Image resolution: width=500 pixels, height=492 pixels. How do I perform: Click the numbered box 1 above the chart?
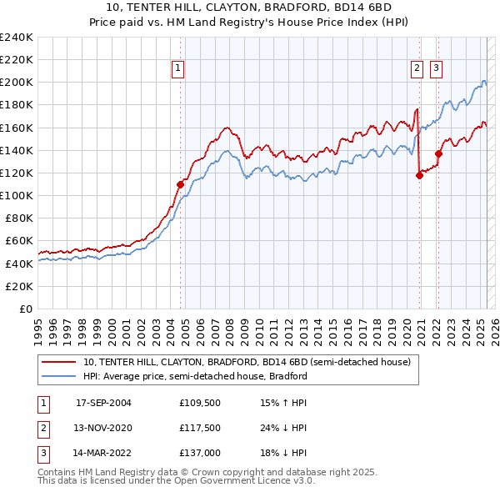[179, 69]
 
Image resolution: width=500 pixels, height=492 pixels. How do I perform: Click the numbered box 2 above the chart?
[416, 69]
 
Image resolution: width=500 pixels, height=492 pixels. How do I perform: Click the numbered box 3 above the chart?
[436, 69]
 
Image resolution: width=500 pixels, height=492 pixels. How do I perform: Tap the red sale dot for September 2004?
[180, 184]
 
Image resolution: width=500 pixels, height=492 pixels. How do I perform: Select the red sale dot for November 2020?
[419, 175]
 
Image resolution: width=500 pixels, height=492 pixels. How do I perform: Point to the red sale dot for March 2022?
[438, 153]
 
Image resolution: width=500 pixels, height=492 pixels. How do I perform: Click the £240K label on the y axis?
[17, 38]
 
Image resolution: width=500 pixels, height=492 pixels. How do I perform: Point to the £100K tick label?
[17, 195]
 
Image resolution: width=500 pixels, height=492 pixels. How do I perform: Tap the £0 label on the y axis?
[26, 309]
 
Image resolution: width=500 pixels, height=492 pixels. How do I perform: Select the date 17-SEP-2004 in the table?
[103, 402]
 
